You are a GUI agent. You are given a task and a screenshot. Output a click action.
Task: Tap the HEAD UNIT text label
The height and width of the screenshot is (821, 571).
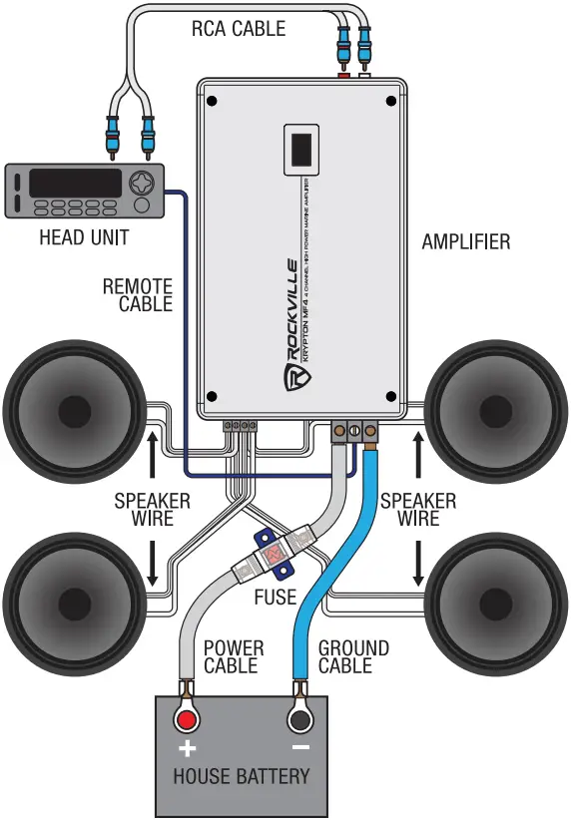coord(84,237)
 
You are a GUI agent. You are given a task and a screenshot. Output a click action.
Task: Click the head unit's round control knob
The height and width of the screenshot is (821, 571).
coord(143,185)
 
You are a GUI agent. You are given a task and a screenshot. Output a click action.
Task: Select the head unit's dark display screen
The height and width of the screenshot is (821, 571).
coord(75,183)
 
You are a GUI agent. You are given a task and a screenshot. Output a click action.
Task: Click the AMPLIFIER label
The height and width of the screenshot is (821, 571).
coord(465,241)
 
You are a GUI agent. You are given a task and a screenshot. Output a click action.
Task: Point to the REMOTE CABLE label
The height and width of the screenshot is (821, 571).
coord(138,295)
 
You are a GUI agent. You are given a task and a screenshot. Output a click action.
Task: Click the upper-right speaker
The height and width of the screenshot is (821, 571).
coord(495,409)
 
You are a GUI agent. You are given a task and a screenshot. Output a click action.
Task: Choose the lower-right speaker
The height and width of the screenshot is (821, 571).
coord(495,604)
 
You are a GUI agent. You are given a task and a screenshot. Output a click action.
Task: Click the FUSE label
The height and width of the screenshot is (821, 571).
coord(275,597)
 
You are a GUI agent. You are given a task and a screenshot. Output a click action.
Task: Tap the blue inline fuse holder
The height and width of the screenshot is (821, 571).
coord(272,552)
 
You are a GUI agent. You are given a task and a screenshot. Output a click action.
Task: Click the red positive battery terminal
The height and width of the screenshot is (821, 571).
coord(187,721)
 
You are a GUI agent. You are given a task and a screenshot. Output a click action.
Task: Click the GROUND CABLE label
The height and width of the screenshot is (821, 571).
coord(353,656)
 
